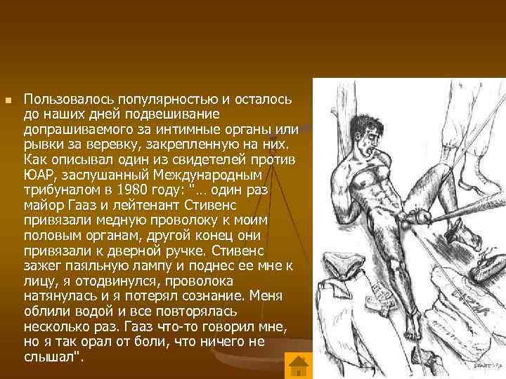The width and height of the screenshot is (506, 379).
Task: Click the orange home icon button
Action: click(299, 365)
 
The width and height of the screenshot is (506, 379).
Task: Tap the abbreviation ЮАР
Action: click(38, 175)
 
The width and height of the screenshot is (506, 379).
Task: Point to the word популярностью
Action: click(142, 100)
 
